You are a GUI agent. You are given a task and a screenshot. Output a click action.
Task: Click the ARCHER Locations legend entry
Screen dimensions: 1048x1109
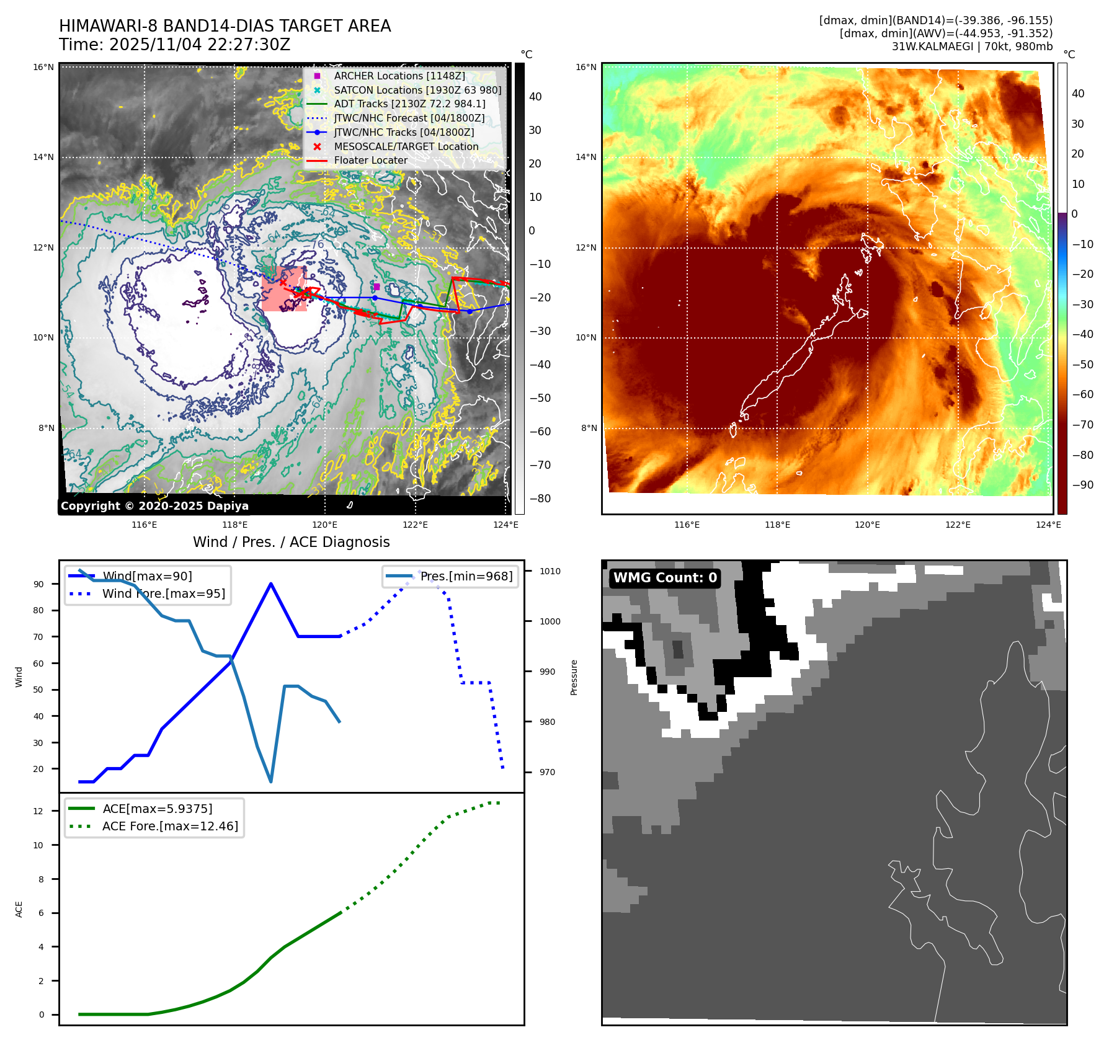tap(399, 76)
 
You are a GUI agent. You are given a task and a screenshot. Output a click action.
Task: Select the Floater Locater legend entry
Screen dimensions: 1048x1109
tap(370, 160)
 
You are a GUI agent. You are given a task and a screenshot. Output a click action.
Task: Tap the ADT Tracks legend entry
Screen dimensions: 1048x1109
tap(409, 104)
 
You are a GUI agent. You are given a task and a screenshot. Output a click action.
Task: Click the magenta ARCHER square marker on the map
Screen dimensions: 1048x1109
tap(376, 286)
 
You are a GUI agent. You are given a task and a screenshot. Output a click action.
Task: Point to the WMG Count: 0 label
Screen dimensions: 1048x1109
tap(665, 578)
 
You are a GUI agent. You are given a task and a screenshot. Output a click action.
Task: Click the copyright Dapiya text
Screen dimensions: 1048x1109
tap(154, 506)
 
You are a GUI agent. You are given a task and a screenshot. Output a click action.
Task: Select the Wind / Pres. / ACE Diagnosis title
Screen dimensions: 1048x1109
tap(291, 542)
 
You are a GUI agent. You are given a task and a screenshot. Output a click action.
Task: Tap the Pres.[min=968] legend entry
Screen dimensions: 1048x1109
tap(466, 576)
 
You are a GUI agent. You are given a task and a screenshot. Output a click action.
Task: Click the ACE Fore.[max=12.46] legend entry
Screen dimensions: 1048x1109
tap(169, 826)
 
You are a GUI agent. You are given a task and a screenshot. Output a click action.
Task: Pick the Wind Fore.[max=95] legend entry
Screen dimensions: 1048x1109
tap(163, 593)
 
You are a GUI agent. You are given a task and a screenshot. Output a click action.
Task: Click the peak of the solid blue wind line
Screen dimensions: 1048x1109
tap(271, 584)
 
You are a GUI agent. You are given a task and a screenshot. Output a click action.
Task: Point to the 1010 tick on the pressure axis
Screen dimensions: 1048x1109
tap(550, 571)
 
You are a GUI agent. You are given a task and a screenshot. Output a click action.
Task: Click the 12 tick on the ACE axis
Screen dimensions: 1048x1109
tap(38, 811)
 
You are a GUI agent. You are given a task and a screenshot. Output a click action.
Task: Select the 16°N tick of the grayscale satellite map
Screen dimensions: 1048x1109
tap(43, 67)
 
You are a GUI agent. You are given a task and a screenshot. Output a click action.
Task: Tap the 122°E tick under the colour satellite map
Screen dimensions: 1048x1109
tap(958, 525)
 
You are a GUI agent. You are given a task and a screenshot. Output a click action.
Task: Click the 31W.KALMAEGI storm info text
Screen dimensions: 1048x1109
tap(972, 47)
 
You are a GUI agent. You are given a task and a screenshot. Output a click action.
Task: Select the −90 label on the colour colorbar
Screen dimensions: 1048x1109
tap(1083, 485)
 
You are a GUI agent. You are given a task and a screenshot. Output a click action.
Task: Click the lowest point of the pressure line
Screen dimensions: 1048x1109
tap(271, 781)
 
